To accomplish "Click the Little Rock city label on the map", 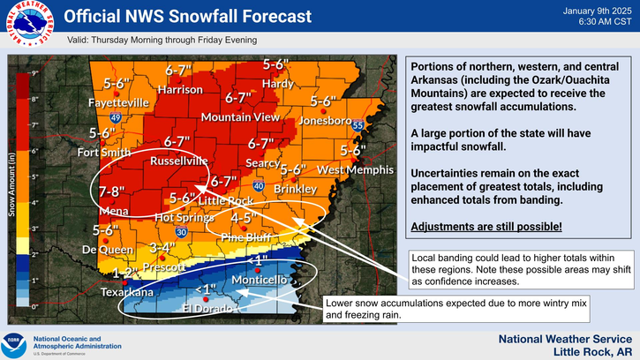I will [227, 201].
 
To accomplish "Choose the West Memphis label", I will [353, 169].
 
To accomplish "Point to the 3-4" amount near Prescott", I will [164, 248].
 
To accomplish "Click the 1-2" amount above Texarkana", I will [129, 274].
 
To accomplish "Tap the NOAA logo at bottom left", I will [13, 341].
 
